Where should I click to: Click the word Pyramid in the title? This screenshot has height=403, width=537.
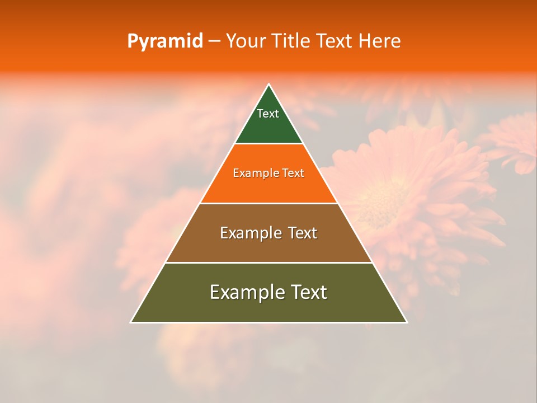pyautogui.click(x=164, y=41)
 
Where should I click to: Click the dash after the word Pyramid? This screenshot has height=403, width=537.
pyautogui.click(x=214, y=41)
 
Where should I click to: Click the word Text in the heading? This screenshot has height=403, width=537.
pyautogui.click(x=335, y=41)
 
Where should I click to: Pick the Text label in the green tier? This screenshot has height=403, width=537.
pyautogui.click(x=268, y=114)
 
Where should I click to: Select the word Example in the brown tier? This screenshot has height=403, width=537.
pyautogui.click(x=248, y=233)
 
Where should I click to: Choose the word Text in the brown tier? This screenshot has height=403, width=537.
pyautogui.click(x=303, y=233)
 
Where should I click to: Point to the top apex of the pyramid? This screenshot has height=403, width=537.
pyautogui.click(x=268, y=85)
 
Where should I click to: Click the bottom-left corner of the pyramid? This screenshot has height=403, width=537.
pyautogui.click(x=131, y=322)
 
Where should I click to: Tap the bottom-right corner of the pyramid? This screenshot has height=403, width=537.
pyautogui.click(x=407, y=322)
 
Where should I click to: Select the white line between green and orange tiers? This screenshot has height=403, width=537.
pyautogui.click(x=268, y=144)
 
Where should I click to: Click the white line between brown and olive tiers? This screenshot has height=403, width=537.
pyautogui.click(x=268, y=263)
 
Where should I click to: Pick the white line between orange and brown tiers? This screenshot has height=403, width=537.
pyautogui.click(x=268, y=203)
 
